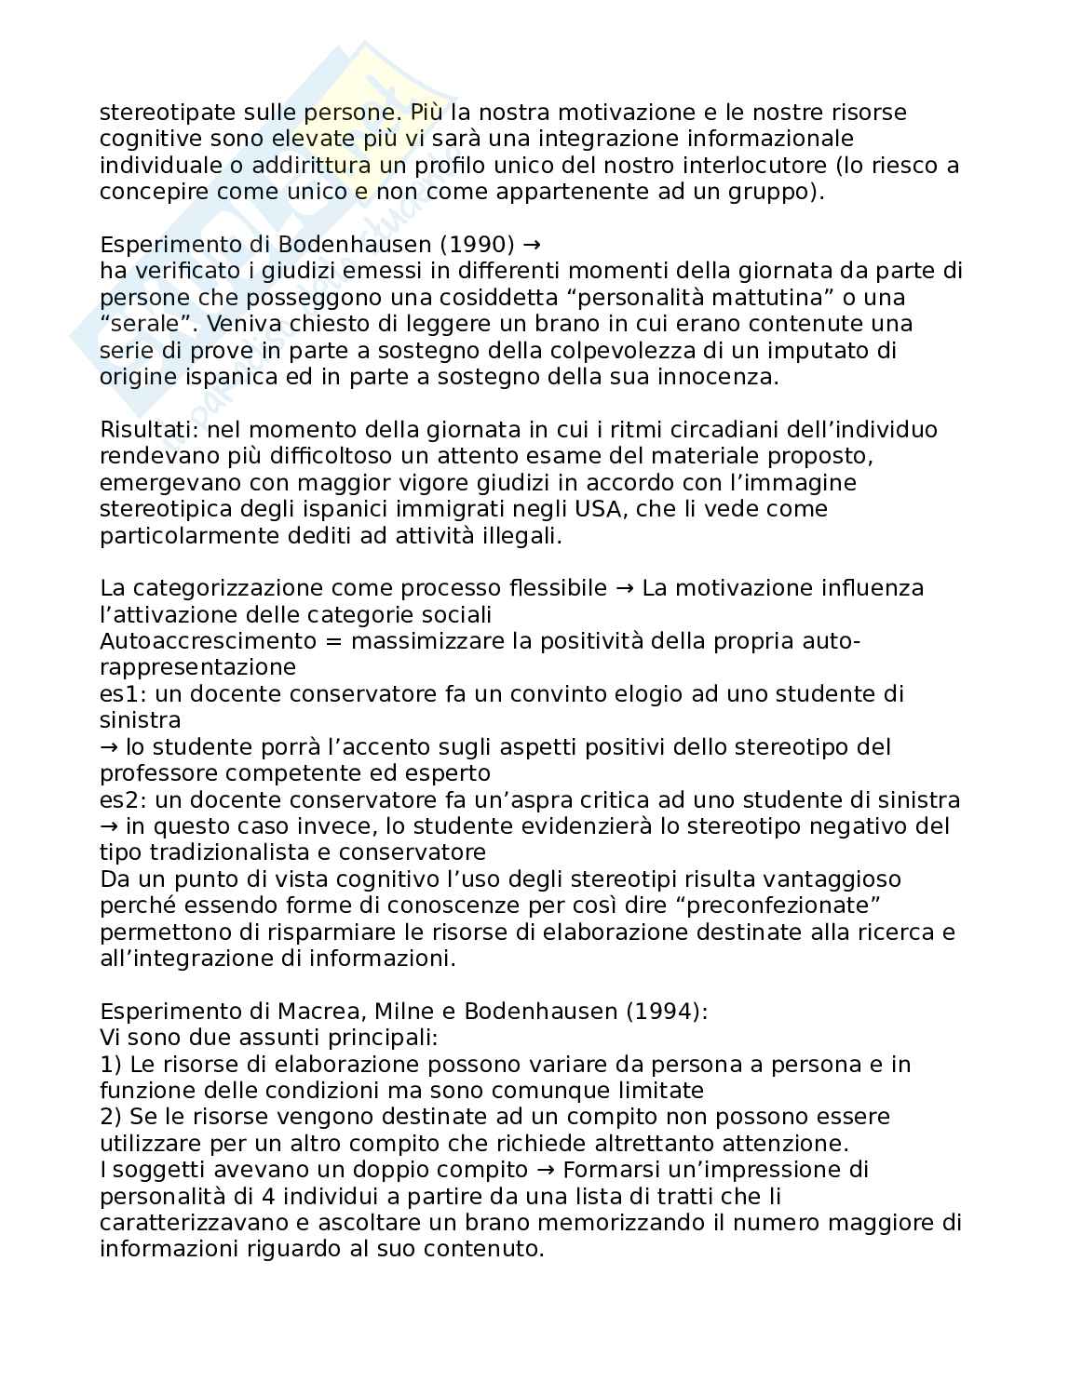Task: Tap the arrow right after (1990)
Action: (x=532, y=245)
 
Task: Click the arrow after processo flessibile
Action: (x=625, y=589)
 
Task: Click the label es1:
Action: (x=122, y=694)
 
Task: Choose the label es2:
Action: (x=122, y=800)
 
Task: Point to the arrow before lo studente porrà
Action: (x=110, y=747)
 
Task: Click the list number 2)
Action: (x=111, y=1117)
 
